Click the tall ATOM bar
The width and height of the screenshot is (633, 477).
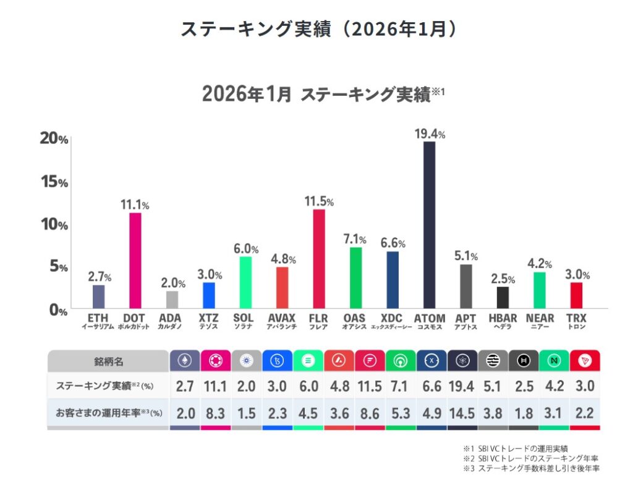pos(429,225)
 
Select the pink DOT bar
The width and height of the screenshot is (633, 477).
pos(135,260)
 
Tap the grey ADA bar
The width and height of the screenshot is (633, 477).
pos(172,300)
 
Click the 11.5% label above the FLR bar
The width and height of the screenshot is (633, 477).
pos(319,201)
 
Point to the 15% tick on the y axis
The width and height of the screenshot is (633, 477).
pos(54,182)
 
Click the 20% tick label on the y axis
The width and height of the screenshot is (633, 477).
pos(54,140)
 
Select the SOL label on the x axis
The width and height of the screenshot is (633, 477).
pos(245,319)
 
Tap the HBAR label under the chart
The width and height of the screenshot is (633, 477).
pos(503,319)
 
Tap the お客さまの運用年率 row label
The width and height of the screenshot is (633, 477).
pos(108,412)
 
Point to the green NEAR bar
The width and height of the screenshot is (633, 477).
pos(540,290)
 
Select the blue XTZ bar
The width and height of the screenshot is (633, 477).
pos(209,295)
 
